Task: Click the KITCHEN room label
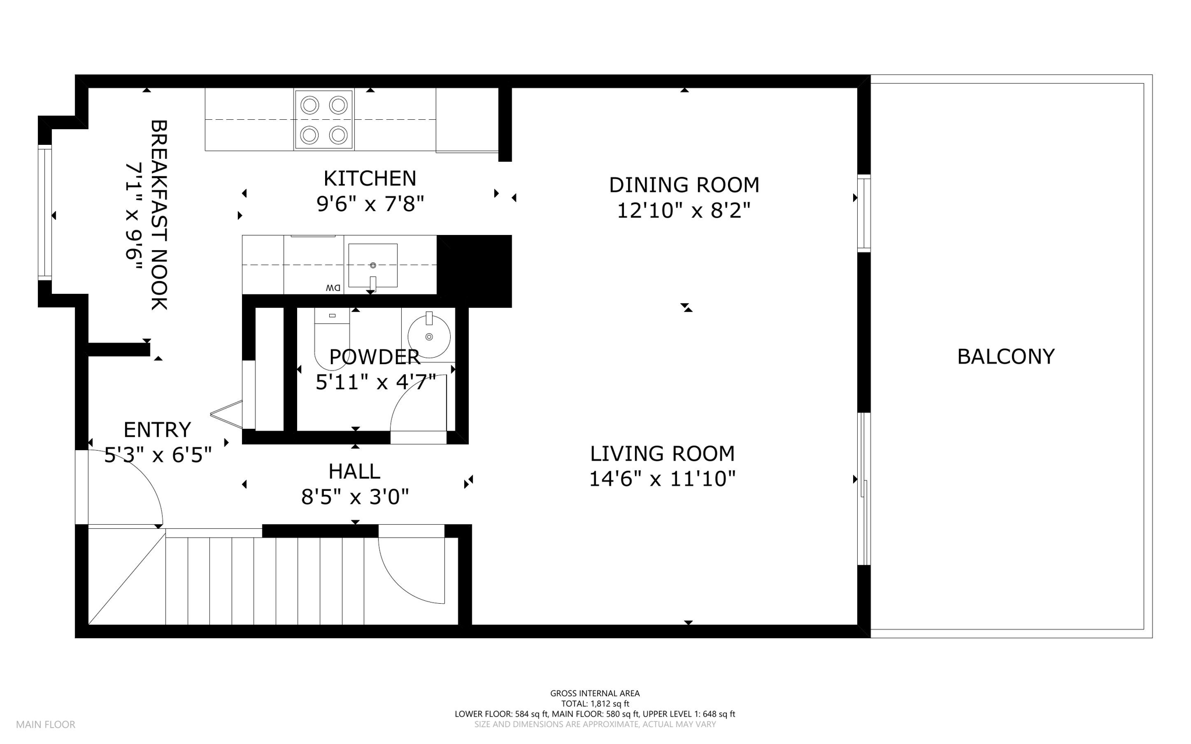pyautogui.click(x=370, y=178)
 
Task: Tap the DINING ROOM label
pyautogui.click(x=684, y=185)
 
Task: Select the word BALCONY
pyautogui.click(x=1005, y=357)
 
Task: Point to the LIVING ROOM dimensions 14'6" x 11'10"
pyautogui.click(x=662, y=479)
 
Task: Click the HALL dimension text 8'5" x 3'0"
pyautogui.click(x=355, y=497)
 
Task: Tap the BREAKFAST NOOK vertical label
pyautogui.click(x=159, y=215)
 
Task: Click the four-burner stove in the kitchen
pyautogui.click(x=324, y=120)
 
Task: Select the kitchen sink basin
pyautogui.click(x=373, y=265)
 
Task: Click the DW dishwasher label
pyautogui.click(x=333, y=287)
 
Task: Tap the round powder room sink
pyautogui.click(x=429, y=337)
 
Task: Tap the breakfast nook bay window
pyautogui.click(x=45, y=213)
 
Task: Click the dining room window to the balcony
pyautogui.click(x=864, y=213)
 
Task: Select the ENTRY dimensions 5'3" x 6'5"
pyautogui.click(x=158, y=455)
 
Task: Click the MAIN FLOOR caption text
pyautogui.click(x=46, y=725)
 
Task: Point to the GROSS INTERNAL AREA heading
pyautogui.click(x=595, y=693)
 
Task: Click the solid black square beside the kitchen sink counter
pyautogui.click(x=475, y=271)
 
